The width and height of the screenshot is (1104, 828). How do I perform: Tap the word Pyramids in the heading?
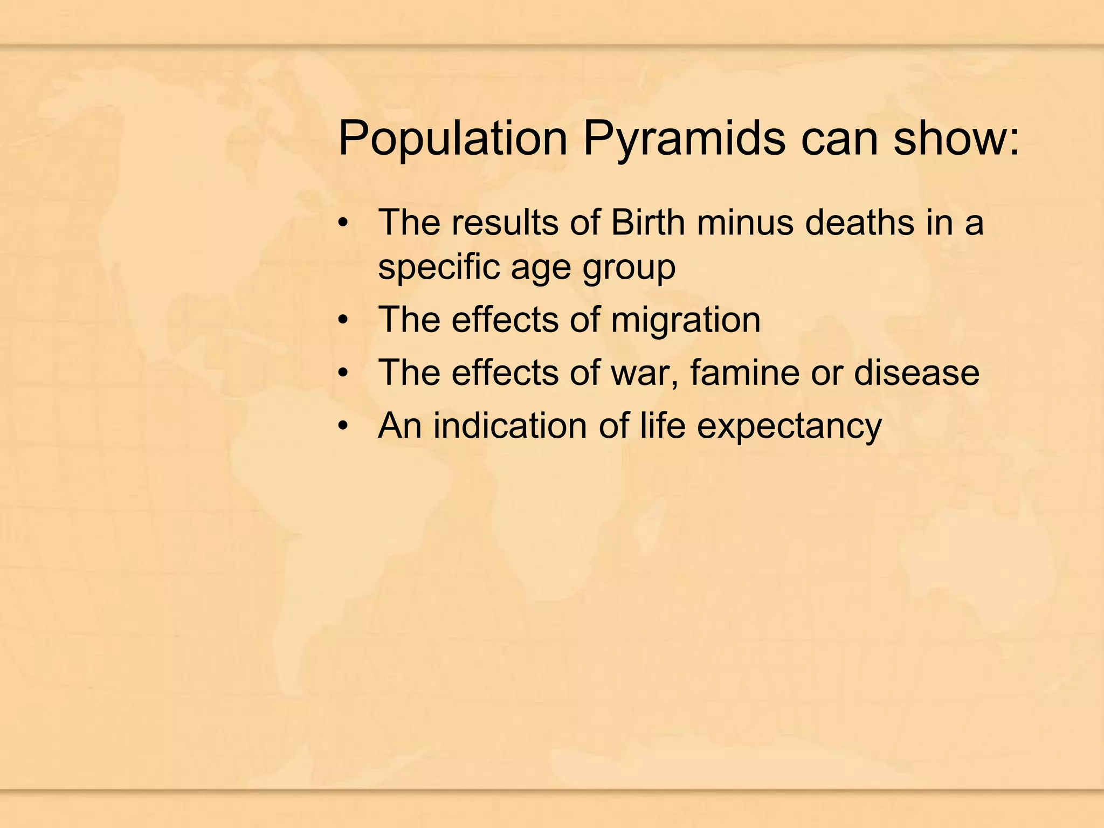pos(684,139)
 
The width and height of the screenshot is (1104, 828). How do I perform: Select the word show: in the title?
pos(956,139)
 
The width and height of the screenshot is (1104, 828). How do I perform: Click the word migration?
pos(686,320)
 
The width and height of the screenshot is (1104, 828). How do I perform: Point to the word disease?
pos(916,372)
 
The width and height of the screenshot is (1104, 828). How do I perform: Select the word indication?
pos(510,426)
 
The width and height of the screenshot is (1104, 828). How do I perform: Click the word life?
pos(663,426)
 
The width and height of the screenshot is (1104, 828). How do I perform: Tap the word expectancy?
pos(789,426)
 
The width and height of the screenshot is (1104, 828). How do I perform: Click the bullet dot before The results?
pos(343,223)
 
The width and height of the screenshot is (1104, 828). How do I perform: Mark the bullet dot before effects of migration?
pos(343,321)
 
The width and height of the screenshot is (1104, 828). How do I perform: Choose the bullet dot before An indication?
pos(343,427)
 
